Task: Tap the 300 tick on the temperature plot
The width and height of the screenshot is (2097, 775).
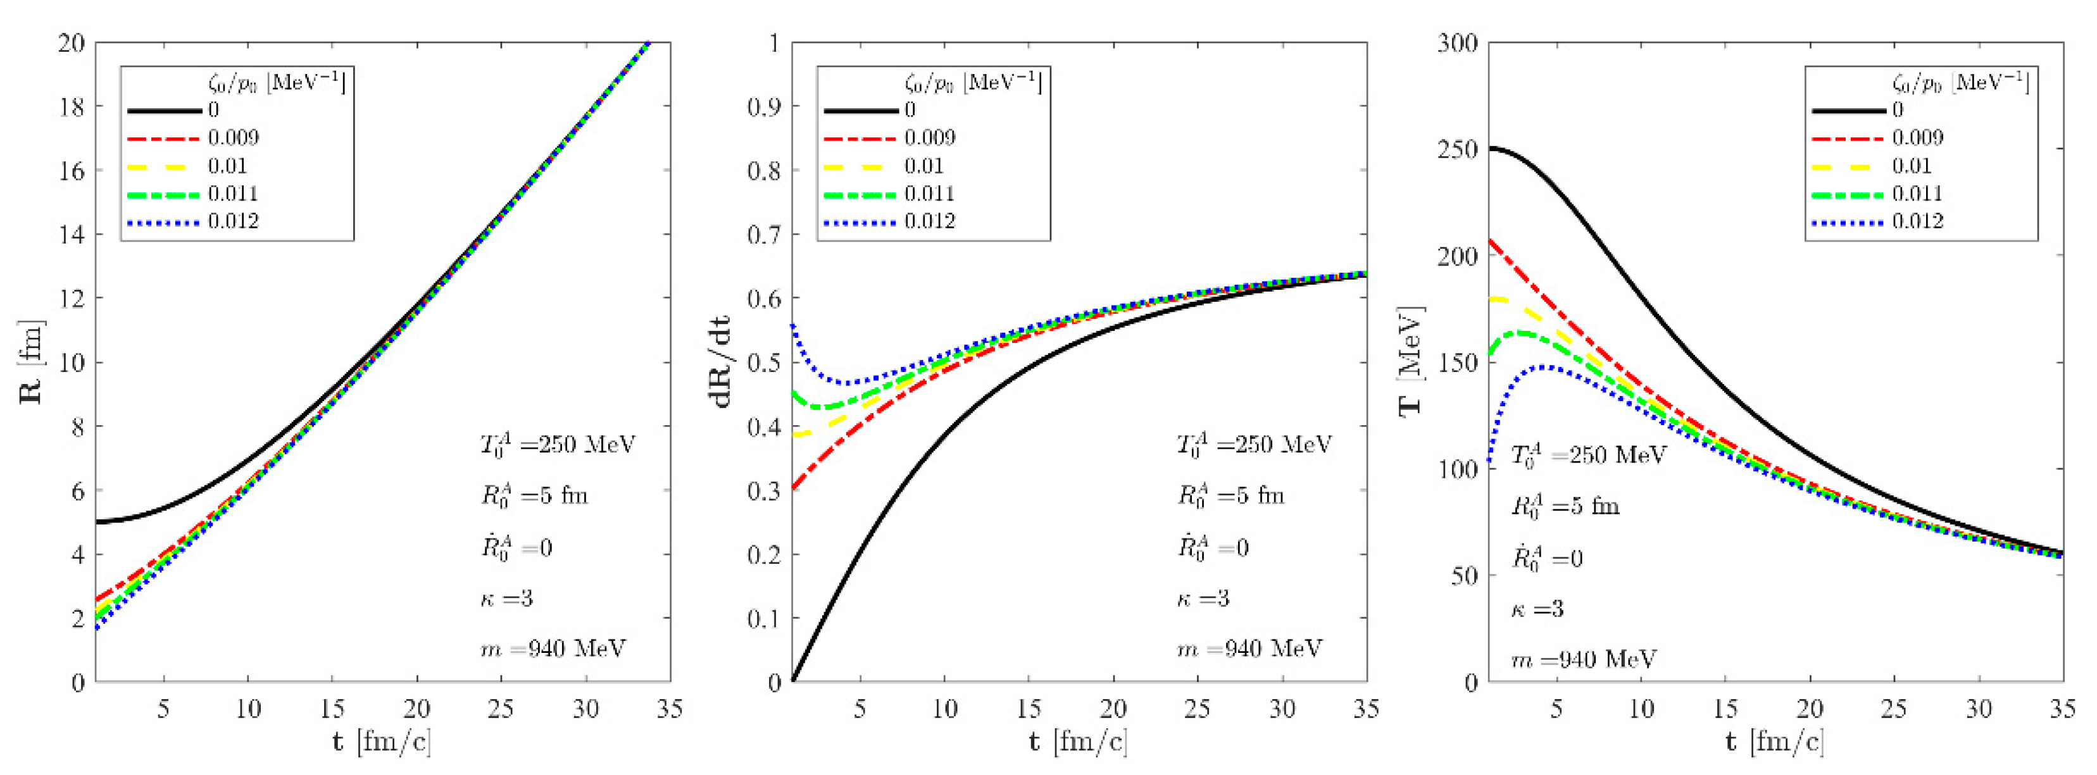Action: pos(1456,43)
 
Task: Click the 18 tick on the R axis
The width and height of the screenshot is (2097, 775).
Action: pos(72,107)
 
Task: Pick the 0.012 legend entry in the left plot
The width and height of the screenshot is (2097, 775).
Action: pos(233,221)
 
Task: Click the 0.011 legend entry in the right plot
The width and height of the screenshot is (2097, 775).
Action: pos(1917,194)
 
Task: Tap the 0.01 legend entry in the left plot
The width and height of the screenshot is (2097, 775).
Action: pos(227,166)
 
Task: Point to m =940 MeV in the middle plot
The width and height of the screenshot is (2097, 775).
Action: pos(1249,649)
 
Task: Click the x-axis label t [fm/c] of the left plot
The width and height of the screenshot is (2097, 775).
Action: pos(382,741)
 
